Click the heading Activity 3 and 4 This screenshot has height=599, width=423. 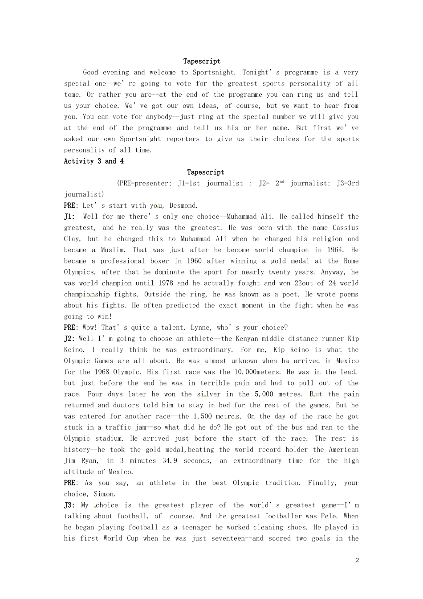click(94, 161)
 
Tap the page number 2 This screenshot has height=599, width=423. click(357, 560)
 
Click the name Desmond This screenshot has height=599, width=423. click(183, 205)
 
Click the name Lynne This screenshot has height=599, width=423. click(200, 328)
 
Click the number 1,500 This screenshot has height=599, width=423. click(203, 416)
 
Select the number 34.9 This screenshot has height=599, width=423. click(170, 461)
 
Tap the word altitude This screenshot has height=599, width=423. click(78, 472)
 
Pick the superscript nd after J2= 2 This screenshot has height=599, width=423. click(282, 182)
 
